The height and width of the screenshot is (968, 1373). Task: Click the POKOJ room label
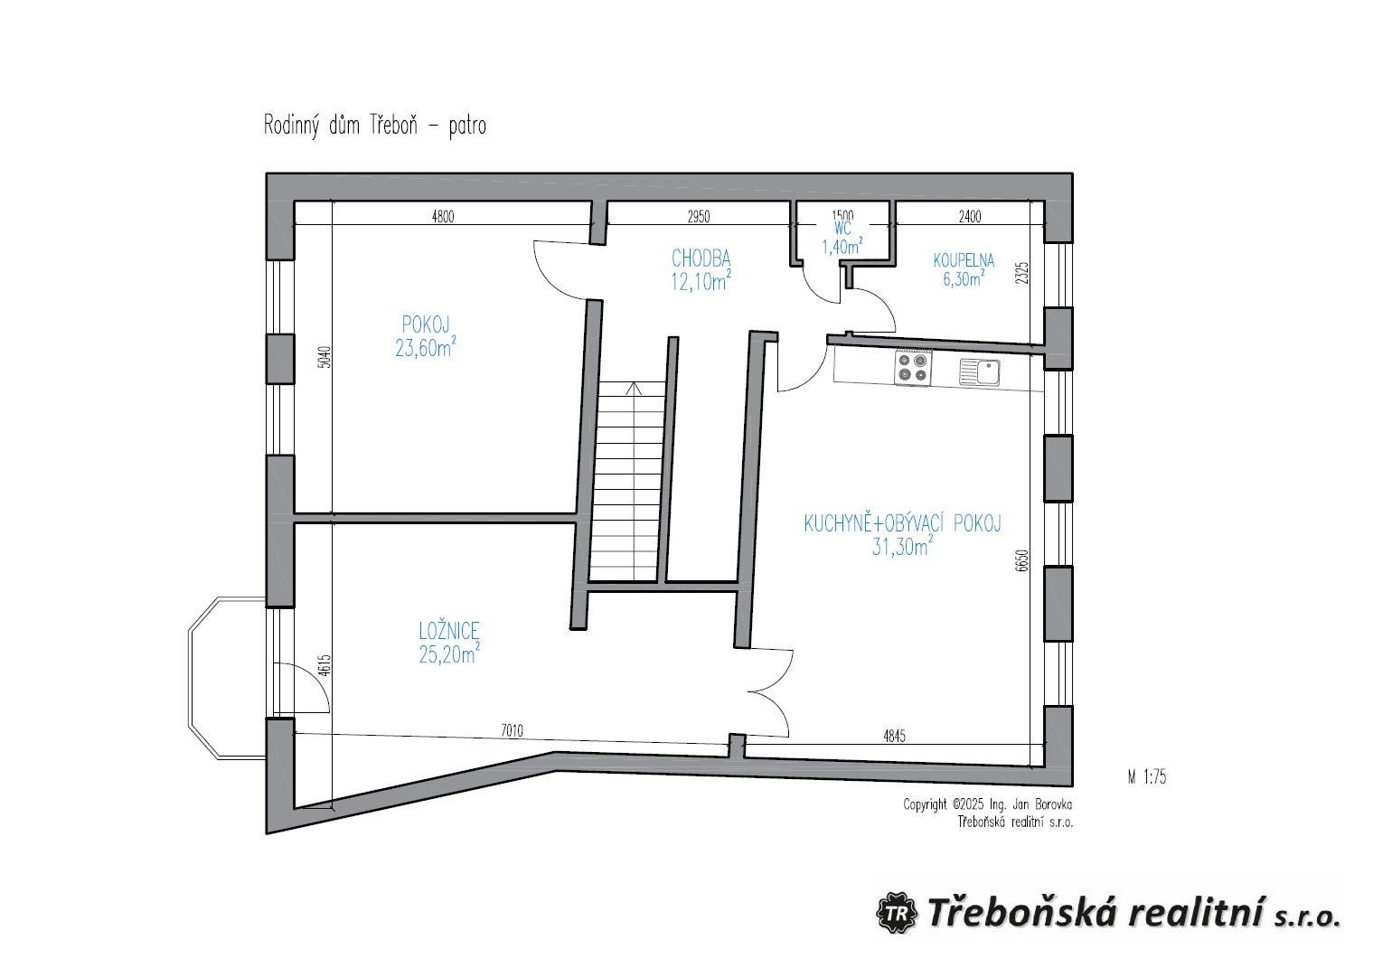(426, 324)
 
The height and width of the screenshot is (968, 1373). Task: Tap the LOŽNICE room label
(448, 630)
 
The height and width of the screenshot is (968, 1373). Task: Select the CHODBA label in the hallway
(701, 258)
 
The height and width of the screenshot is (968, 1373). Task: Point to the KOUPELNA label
(964, 260)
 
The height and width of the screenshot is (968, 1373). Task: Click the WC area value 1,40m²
(842, 247)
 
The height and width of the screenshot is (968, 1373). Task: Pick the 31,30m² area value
(902, 546)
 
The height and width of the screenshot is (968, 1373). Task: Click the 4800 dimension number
(443, 216)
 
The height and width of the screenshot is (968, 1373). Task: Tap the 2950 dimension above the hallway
(698, 216)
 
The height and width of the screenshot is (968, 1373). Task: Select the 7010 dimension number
(512, 730)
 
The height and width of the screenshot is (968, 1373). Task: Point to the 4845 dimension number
(894, 736)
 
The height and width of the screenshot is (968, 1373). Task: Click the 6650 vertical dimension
(1020, 560)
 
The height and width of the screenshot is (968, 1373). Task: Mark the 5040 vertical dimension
(325, 357)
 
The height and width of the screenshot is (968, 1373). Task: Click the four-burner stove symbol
(913, 367)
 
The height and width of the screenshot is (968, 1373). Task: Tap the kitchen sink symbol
(979, 372)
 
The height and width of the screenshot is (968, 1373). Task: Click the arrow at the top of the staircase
(634, 389)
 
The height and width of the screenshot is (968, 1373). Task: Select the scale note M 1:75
(1146, 777)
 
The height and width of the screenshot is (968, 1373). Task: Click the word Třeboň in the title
(393, 126)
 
